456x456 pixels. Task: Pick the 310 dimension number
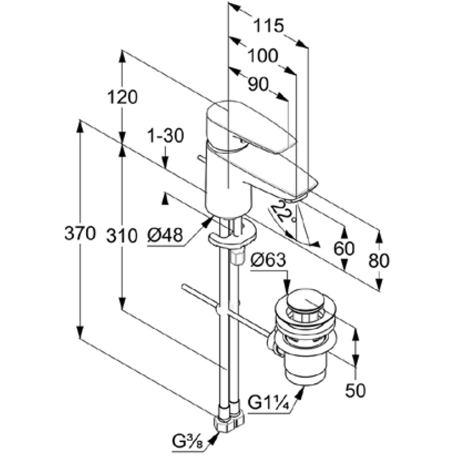(x=122, y=235)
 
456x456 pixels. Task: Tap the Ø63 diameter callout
(x=269, y=260)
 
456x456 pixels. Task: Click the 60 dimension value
(x=344, y=249)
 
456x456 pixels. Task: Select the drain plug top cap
(x=306, y=301)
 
